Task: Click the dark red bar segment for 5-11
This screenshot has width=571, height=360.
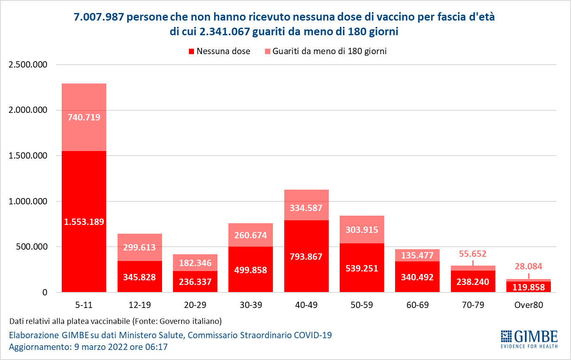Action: point(84,252)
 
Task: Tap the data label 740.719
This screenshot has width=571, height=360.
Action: point(84,117)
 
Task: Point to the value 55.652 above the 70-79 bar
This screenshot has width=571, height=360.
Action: point(473,253)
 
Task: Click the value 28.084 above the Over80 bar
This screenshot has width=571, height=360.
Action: point(528,266)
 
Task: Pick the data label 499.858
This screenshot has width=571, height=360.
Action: point(251,270)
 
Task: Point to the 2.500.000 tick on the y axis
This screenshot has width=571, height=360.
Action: point(27,65)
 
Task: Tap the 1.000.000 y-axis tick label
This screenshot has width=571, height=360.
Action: point(27,201)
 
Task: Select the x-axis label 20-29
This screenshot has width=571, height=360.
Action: point(195,305)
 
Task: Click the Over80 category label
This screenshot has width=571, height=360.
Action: point(528,305)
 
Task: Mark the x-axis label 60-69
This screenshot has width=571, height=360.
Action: point(417,305)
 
